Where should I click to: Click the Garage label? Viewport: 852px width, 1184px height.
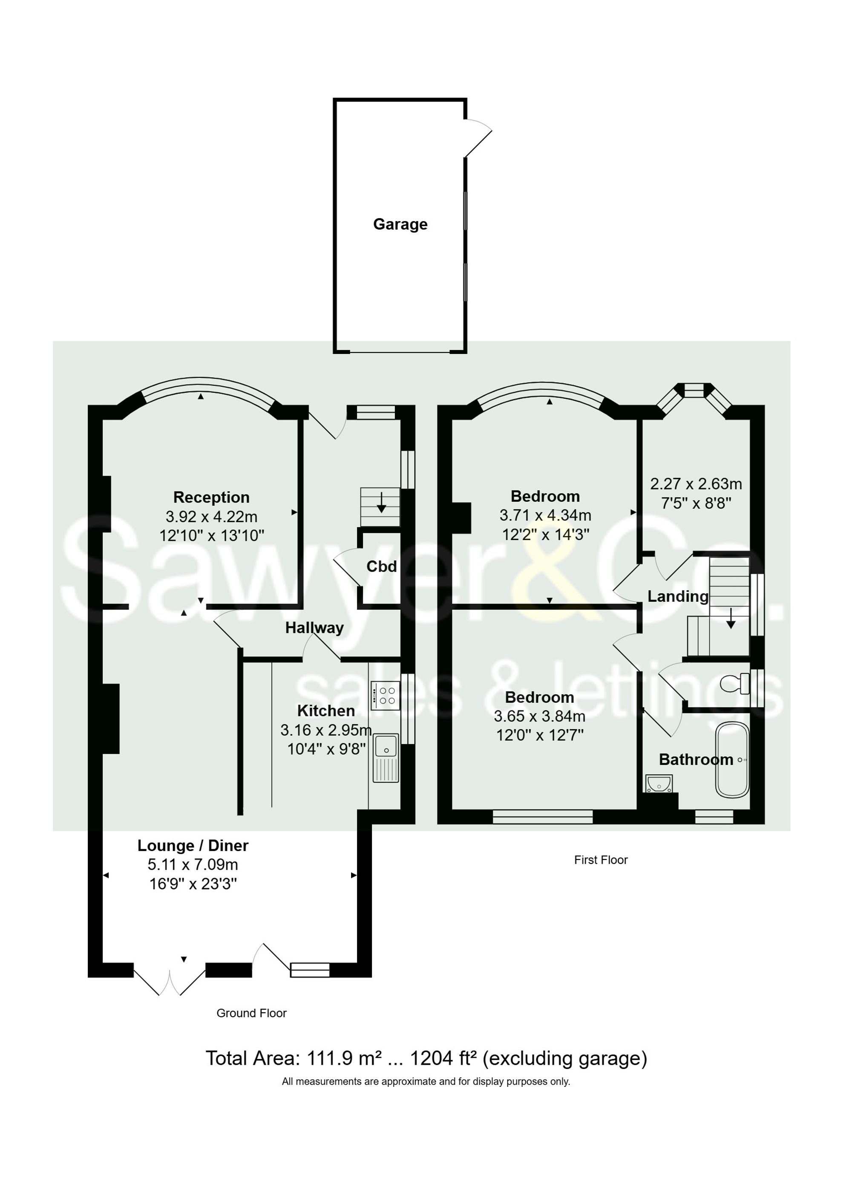click(400, 224)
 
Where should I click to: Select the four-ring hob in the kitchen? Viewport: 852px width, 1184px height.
click(385, 696)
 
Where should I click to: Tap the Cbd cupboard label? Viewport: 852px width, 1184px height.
click(381, 566)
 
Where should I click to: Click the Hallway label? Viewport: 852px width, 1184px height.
click(314, 627)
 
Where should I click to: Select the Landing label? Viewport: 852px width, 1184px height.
click(678, 596)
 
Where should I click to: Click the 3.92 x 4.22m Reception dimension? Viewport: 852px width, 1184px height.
click(211, 516)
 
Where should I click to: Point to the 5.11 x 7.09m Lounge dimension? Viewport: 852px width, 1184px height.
click(193, 864)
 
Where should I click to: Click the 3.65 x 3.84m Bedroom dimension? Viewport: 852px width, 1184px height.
click(539, 716)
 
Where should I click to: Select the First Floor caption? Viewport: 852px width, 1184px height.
click(600, 860)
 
